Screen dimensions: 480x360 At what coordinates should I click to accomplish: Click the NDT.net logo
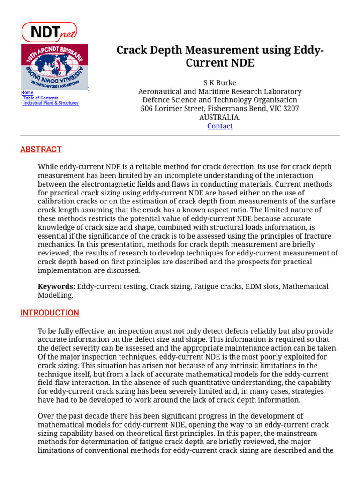click(x=49, y=31)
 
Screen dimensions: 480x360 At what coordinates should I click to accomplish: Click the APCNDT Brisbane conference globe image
click(x=54, y=66)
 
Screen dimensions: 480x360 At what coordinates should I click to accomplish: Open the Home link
click(x=27, y=93)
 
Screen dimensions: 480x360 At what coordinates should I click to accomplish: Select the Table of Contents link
click(x=41, y=98)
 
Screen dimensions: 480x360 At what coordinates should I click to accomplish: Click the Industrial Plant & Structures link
click(x=51, y=103)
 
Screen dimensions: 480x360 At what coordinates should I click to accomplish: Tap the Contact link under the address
click(x=219, y=126)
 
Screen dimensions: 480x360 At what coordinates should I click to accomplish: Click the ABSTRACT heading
click(x=41, y=150)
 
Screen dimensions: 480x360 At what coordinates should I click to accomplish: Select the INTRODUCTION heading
click(x=50, y=313)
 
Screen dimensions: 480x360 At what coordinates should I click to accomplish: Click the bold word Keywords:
click(x=56, y=286)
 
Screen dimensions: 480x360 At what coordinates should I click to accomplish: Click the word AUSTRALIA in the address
click(x=219, y=117)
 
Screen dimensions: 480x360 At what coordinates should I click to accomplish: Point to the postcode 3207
click(x=291, y=108)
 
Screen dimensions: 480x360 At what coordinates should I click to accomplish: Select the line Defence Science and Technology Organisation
click(x=219, y=100)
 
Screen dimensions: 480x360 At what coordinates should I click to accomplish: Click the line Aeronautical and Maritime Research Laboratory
click(x=219, y=91)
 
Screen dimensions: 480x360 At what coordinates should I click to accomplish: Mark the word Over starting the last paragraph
click(x=46, y=416)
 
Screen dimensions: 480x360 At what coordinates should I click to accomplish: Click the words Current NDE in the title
click(x=220, y=63)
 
